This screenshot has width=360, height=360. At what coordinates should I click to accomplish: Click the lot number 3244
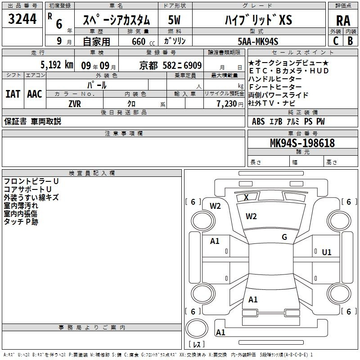click(x=22, y=19)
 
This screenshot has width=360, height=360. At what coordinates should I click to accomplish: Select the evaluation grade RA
click(x=343, y=21)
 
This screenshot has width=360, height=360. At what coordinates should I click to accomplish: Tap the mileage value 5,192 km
click(x=57, y=65)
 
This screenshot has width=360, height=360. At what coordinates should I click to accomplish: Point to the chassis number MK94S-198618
click(x=302, y=143)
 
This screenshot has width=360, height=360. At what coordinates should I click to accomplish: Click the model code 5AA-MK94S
click(x=258, y=41)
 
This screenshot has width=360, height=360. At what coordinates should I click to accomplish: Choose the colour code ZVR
click(x=75, y=104)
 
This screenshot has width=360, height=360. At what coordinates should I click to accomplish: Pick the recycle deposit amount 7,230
click(x=227, y=104)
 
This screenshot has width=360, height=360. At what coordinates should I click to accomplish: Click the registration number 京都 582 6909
click(x=171, y=66)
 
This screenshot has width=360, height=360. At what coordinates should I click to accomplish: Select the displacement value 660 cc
click(x=143, y=42)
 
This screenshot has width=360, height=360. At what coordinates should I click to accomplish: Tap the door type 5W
click(x=174, y=20)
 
